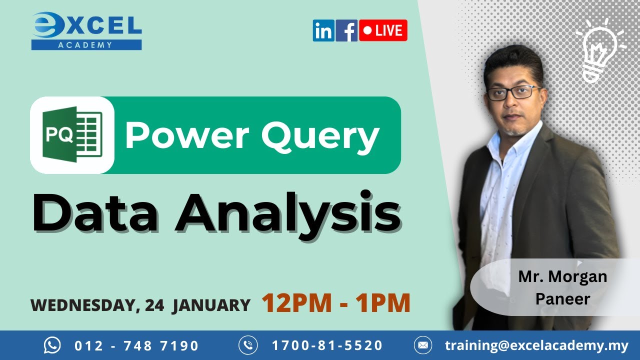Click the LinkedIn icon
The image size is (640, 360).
tap(323, 30)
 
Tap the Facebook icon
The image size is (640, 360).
tap(346, 30)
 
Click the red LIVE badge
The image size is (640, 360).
tap(383, 30)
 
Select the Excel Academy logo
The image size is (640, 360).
tap(86, 31)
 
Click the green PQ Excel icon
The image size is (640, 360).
tap(73, 135)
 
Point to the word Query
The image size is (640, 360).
tap(320, 135)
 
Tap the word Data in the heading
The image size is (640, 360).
tap(95, 211)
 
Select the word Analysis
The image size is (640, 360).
tap(287, 211)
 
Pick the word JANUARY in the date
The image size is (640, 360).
tap(211, 305)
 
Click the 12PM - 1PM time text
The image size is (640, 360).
tap(335, 303)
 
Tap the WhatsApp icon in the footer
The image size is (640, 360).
tap(52, 345)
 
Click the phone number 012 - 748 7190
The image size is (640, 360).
tap(136, 345)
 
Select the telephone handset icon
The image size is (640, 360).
tap(248, 345)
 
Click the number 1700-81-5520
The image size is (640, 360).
tap(327, 345)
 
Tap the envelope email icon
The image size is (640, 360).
tap(423, 345)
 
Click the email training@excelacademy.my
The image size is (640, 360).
tap(536, 345)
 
